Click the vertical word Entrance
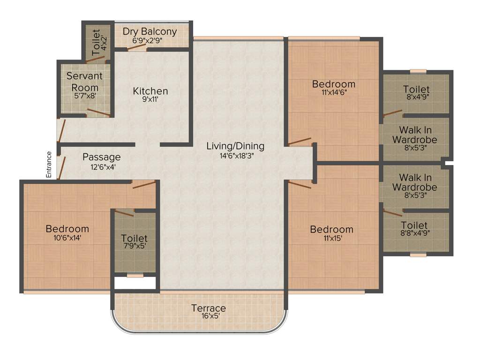point(48,164)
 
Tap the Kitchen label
point(150,90)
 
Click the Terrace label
point(208,308)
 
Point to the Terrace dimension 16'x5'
point(208,316)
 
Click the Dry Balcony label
point(150,32)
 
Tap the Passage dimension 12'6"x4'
point(101,167)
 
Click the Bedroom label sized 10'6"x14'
point(67,229)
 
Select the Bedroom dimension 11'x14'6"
point(333,93)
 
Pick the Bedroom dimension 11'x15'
point(331,239)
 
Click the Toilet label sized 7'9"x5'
point(134,238)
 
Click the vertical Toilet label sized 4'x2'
point(96,42)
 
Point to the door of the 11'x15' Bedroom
point(300,185)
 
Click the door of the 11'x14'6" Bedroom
point(300,141)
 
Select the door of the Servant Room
point(99,112)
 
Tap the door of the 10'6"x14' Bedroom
point(144,185)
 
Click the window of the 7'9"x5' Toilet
point(135,276)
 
